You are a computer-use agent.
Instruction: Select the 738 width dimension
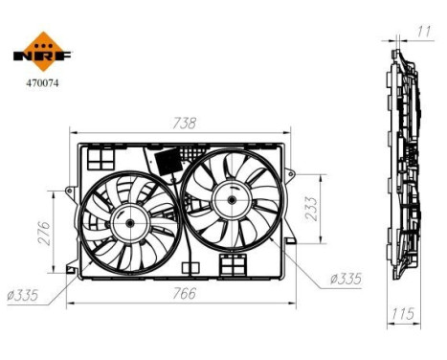[185, 123]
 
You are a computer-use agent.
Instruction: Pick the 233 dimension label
[311, 209]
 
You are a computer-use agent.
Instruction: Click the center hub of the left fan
[126, 222]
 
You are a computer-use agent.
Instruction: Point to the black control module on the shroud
[169, 159]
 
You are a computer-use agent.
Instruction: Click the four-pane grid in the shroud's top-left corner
[98, 156]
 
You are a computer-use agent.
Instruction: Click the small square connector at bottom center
[230, 262]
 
